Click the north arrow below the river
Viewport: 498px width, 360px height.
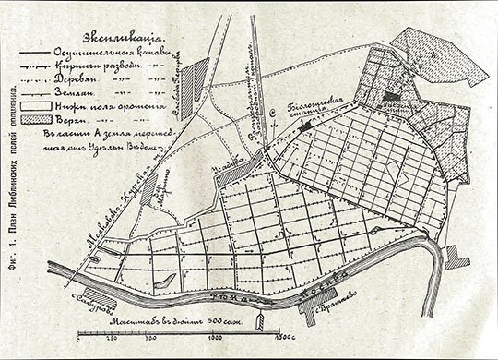262,320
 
